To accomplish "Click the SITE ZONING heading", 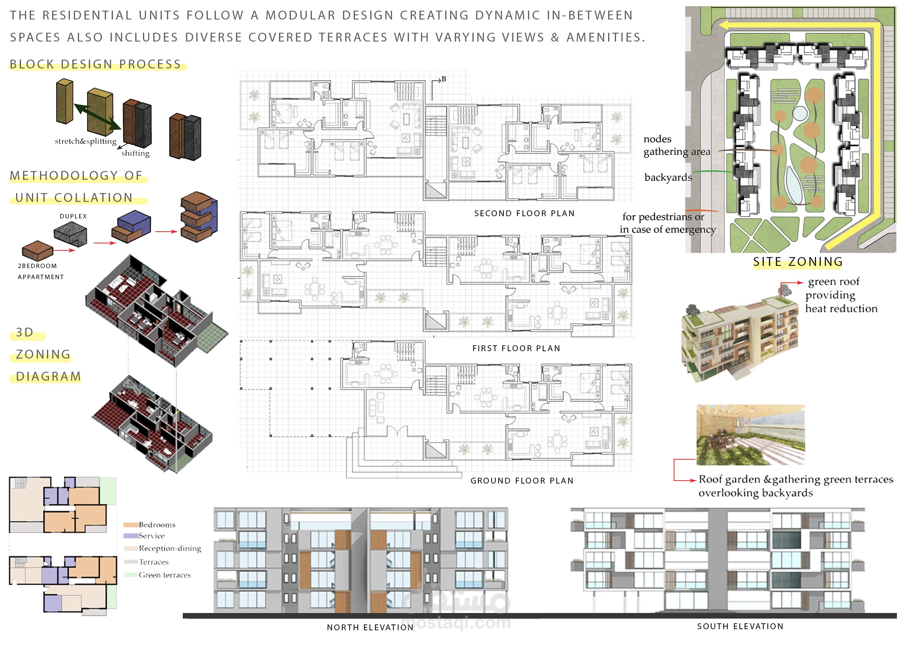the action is click(798, 262).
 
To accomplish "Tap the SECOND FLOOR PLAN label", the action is click(524, 213).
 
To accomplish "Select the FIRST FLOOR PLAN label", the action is click(516, 348).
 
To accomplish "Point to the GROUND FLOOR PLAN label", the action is click(522, 481).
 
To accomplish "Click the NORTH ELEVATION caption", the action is click(370, 627).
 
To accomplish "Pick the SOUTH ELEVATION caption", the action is click(740, 626).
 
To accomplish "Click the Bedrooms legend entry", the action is click(149, 525).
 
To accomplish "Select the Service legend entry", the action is click(144, 536).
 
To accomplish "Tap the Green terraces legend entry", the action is click(157, 575).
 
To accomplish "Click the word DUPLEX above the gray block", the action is click(73, 216).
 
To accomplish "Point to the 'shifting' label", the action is click(135, 153).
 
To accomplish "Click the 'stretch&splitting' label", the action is click(86, 141).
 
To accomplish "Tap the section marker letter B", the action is click(444, 79).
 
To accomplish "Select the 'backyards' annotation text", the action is click(668, 177).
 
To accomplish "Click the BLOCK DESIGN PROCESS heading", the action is click(95, 64).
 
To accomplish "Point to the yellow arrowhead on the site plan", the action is click(724, 25).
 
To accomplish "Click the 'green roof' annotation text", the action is click(833, 282).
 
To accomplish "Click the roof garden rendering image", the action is click(751, 435).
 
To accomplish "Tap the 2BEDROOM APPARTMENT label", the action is click(40, 271).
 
